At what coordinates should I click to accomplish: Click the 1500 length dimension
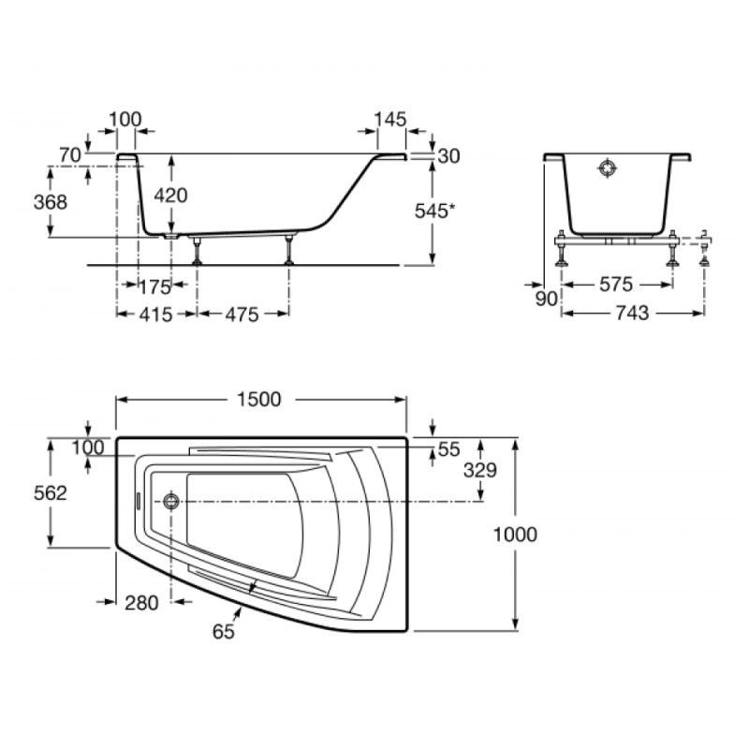259,400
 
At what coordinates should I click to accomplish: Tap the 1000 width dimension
515,535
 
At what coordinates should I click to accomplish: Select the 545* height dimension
432,211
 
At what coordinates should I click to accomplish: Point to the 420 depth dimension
171,196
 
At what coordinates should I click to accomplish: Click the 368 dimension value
51,202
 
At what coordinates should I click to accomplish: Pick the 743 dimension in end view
632,313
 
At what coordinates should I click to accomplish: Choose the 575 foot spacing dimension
616,285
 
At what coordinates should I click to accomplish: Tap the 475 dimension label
242,315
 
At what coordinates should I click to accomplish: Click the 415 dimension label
155,315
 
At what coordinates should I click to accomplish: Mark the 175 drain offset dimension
154,286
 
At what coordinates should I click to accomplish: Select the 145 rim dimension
390,120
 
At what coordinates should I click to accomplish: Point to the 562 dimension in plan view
51,493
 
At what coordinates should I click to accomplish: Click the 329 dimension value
480,471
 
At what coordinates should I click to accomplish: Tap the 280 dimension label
141,603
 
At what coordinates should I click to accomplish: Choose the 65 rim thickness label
224,631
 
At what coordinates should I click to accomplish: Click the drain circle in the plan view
171,501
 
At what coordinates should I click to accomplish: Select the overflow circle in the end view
608,169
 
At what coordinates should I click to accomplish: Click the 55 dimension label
448,449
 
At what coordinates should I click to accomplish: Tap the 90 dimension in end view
547,299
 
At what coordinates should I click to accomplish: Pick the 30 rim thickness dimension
448,156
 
